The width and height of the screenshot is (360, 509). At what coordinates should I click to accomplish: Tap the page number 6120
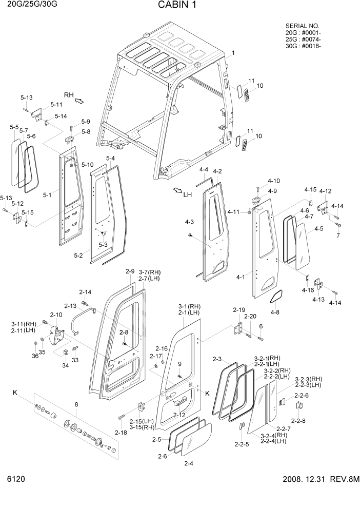(16, 479)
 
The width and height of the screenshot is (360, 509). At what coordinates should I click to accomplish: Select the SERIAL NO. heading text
(302, 26)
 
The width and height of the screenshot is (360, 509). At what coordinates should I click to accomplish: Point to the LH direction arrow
(177, 191)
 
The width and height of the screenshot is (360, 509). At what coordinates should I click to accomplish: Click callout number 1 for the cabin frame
(233, 53)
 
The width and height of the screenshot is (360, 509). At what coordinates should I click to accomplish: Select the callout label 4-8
(275, 312)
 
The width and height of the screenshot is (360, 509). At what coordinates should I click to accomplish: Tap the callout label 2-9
(129, 271)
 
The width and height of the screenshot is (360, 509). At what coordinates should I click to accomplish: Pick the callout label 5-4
(110, 158)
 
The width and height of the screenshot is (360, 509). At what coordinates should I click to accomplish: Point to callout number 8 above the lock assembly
(76, 405)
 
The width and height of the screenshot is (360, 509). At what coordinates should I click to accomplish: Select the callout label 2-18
(121, 433)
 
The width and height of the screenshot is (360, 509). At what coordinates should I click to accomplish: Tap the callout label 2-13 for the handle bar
(70, 305)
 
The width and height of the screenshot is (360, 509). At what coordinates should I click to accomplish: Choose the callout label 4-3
(189, 222)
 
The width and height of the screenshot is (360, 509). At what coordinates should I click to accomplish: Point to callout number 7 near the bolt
(337, 236)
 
